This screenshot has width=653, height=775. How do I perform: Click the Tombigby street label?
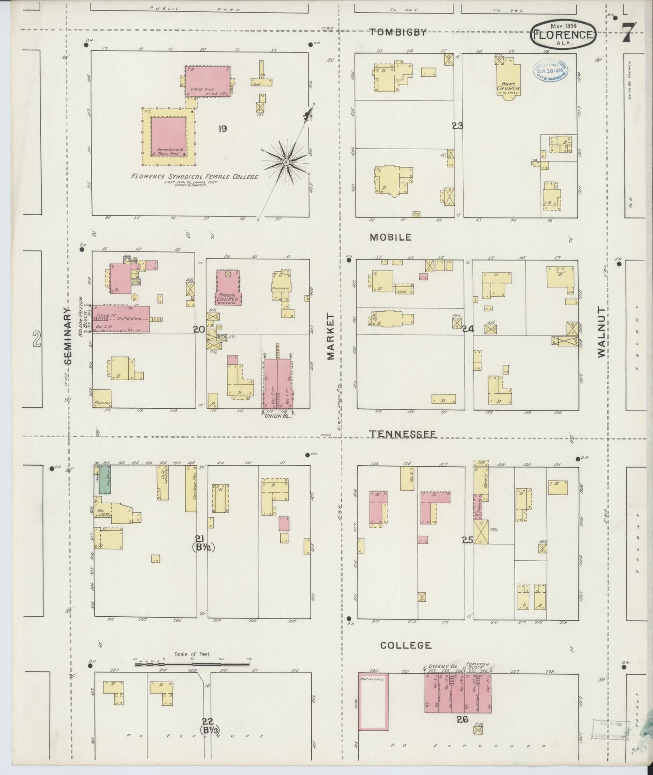pos(398,32)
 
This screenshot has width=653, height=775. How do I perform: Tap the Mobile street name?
pos(391,237)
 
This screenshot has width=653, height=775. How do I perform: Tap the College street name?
pos(405,645)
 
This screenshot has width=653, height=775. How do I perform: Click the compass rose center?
pos(286,161)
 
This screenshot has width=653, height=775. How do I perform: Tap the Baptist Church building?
pos(507,77)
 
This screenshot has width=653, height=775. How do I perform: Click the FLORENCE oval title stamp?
pos(563,35)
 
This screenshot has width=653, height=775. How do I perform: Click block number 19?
pos(222,129)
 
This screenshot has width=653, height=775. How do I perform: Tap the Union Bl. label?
pos(277,416)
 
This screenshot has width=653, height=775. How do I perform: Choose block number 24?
pos(468,329)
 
